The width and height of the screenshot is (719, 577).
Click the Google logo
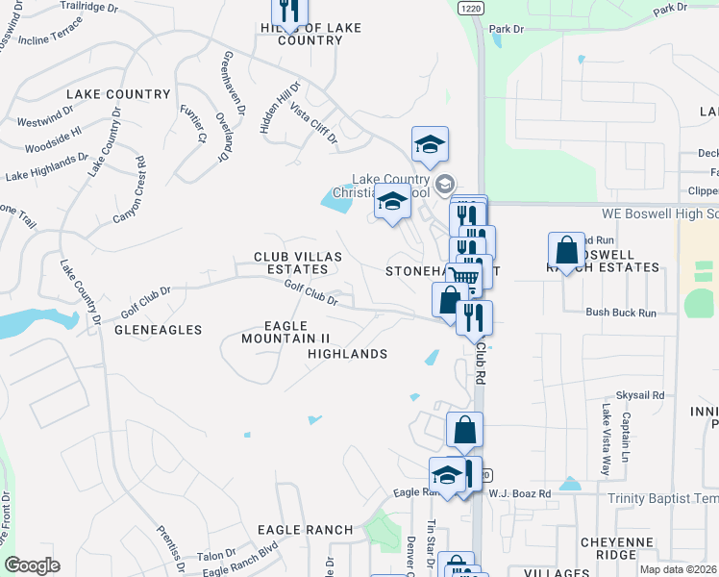pos(32,565)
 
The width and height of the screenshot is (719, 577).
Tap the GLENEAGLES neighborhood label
pos(158,330)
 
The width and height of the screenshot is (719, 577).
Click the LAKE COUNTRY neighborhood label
pos(118,94)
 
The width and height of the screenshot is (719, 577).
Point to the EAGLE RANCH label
pos(305,530)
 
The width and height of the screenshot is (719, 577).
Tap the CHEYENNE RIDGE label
pos(629,547)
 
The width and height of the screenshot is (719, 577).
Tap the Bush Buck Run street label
pos(621,313)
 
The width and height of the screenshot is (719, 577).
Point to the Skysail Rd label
pos(640,395)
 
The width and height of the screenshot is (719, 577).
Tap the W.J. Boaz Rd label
pos(519,494)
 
